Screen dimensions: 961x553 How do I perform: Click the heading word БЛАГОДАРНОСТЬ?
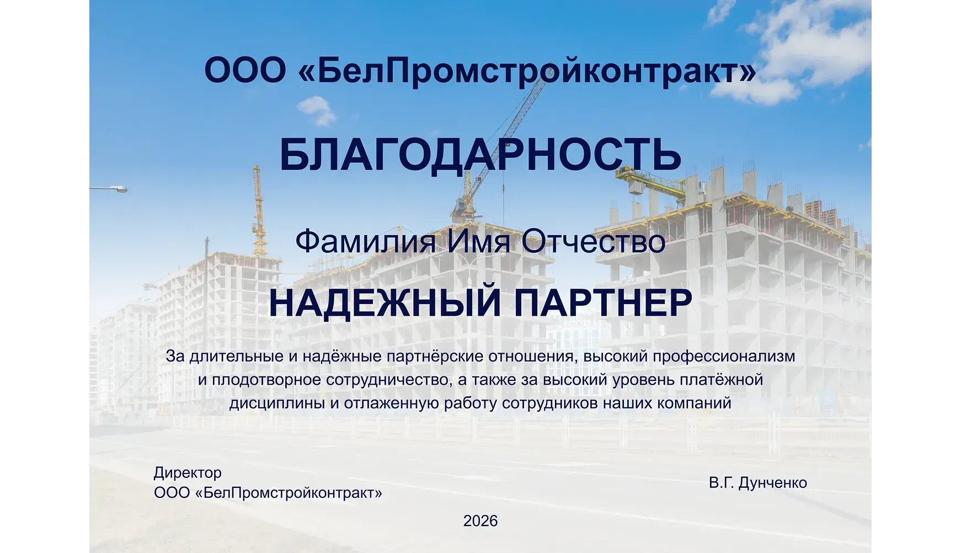coord(480,155)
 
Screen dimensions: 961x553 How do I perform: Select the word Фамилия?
coord(365,242)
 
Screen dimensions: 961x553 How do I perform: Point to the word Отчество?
coord(593,242)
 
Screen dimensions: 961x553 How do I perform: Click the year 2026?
coord(480,521)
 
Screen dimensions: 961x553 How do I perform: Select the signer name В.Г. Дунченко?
coord(758,483)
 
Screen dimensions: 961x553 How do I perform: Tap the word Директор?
coord(188,473)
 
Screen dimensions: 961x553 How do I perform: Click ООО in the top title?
coord(245,71)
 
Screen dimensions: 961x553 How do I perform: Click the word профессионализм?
coord(724,357)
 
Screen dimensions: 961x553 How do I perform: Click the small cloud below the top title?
coord(317,109)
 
